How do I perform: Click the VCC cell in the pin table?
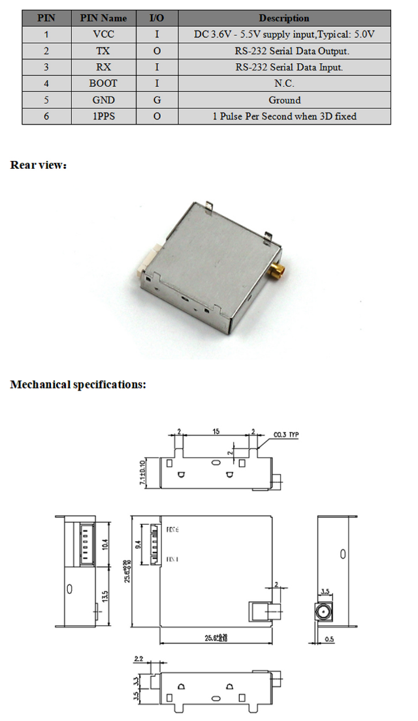[103, 34]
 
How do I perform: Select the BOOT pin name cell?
[103, 83]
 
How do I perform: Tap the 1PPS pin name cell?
[103, 116]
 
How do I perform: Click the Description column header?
[284, 18]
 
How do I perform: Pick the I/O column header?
[157, 18]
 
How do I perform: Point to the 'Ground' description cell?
[284, 100]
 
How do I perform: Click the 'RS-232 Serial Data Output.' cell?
[284, 51]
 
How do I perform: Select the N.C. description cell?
[284, 83]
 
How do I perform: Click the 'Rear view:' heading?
[39, 165]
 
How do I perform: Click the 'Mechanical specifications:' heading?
[78, 384]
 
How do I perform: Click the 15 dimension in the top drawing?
[215, 431]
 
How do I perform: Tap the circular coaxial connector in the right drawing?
[323, 612]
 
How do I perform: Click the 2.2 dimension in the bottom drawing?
[138, 659]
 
